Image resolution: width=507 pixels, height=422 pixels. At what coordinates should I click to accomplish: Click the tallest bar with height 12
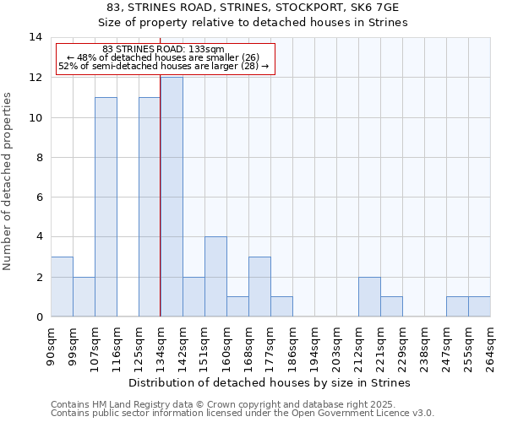pyautogui.click(x=172, y=197)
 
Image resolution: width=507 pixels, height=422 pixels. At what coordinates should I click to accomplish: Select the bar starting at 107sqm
pyautogui.click(x=106, y=207)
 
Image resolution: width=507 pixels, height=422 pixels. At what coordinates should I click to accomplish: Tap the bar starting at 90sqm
pyautogui.click(x=62, y=287)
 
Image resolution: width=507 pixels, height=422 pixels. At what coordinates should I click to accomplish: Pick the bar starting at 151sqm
pyautogui.click(x=215, y=277)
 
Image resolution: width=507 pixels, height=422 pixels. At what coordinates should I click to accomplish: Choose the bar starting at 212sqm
pyautogui.click(x=369, y=297)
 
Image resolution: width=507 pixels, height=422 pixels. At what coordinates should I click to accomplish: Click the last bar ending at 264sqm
pyautogui.click(x=479, y=307)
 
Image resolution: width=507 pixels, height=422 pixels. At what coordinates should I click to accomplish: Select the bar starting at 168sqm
pyautogui.click(x=259, y=287)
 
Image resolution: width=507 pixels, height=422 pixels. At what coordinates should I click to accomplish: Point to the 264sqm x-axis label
pyautogui.click(x=490, y=346)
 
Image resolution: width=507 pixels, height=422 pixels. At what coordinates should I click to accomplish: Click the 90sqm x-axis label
pyautogui.click(x=51, y=344)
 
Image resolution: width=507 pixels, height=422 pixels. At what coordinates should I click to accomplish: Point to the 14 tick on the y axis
pyautogui.click(x=35, y=37)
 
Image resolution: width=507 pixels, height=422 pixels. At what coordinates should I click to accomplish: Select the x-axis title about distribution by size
pyautogui.click(x=270, y=382)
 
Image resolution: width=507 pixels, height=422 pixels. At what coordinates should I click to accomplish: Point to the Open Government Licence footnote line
pyautogui.click(x=242, y=414)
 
